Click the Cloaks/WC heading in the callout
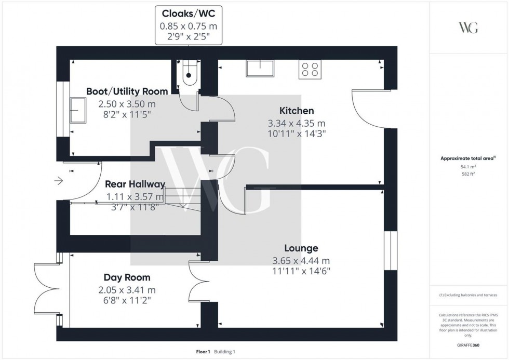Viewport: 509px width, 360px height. click(x=189, y=12)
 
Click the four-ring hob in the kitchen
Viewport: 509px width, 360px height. click(x=310, y=69)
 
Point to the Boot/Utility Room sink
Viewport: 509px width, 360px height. click(x=79, y=111)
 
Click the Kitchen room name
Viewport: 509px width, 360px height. click(x=297, y=111)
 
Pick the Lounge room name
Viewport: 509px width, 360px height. click(x=301, y=248)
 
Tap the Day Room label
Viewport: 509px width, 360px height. click(x=127, y=277)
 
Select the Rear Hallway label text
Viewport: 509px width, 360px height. click(x=135, y=184)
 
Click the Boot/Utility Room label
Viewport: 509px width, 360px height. click(x=127, y=91)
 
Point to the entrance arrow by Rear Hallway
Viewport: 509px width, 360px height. click(x=58, y=181)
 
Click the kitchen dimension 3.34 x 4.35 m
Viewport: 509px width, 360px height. click(x=296, y=124)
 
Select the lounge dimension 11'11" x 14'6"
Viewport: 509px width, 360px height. click(x=301, y=271)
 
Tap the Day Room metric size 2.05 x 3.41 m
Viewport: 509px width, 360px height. click(x=127, y=290)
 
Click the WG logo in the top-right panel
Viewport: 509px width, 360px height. click(x=468, y=28)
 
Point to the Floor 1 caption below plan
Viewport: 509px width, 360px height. click(x=203, y=352)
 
